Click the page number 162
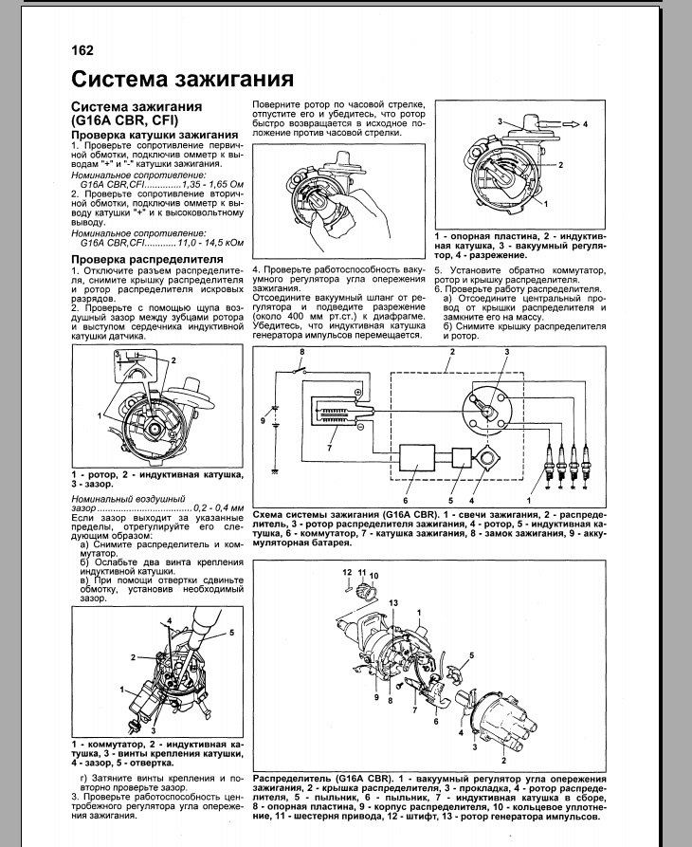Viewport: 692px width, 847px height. pyautogui.click(x=82, y=50)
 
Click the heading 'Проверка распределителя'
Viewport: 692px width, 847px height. pyautogui.click(x=147, y=258)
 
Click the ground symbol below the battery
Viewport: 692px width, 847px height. pyautogui.click(x=275, y=471)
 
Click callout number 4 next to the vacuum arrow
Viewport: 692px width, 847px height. pyautogui.click(x=585, y=124)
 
